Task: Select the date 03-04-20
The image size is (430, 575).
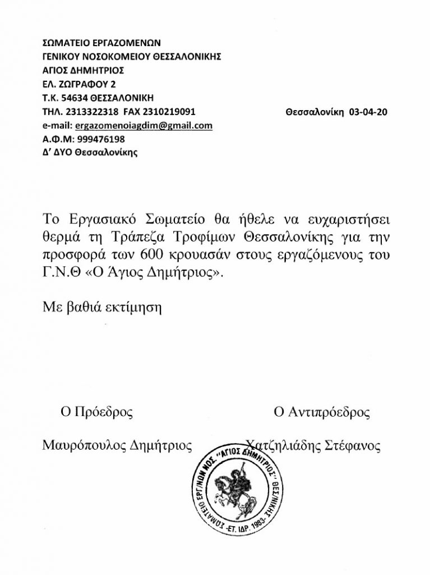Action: pyautogui.click(x=368, y=112)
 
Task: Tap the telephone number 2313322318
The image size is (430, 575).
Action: pyautogui.click(x=86, y=112)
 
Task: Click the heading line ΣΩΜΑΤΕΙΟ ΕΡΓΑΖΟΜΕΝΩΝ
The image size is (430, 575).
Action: pyautogui.click(x=101, y=43)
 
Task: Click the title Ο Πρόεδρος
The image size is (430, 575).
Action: pyautogui.click(x=97, y=413)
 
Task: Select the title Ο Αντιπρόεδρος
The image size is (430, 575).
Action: pyautogui.click(x=321, y=413)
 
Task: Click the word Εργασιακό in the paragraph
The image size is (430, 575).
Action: pyautogui.click(x=99, y=218)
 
